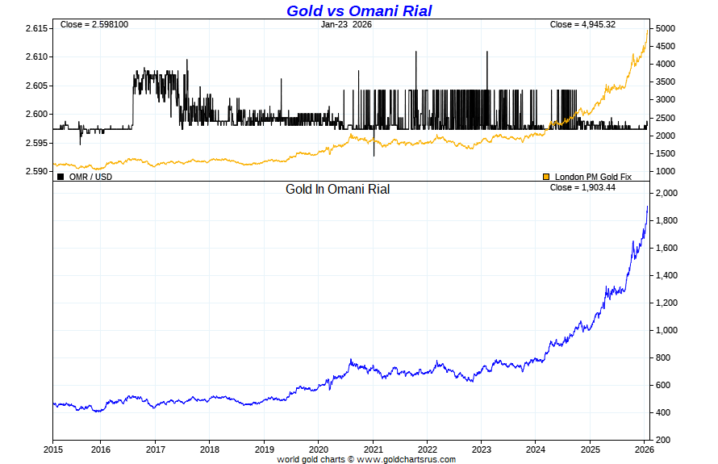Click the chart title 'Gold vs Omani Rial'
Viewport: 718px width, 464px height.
(359, 10)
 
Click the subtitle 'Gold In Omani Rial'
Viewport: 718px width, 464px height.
(337, 190)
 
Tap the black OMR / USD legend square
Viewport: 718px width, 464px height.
(61, 177)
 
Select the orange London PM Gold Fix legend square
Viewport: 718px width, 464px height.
(546, 177)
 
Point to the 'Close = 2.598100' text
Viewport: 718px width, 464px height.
(94, 25)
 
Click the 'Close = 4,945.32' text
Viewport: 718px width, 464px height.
(582, 25)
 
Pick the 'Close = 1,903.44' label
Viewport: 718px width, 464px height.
(582, 187)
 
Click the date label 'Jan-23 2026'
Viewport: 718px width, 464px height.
(346, 25)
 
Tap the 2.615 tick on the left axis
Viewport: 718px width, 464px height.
(37, 28)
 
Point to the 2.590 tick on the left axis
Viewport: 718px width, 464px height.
(37, 171)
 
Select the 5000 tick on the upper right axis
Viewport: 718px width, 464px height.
(666, 28)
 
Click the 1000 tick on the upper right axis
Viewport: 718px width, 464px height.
(666, 171)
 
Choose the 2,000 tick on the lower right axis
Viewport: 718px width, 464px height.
(668, 194)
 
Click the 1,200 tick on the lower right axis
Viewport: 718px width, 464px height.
(668, 303)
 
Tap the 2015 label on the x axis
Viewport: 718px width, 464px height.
(53, 449)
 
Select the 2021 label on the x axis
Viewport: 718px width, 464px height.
(373, 449)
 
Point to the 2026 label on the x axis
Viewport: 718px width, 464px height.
(644, 449)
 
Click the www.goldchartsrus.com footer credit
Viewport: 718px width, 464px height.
(406, 459)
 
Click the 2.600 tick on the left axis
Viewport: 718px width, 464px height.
(37, 114)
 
